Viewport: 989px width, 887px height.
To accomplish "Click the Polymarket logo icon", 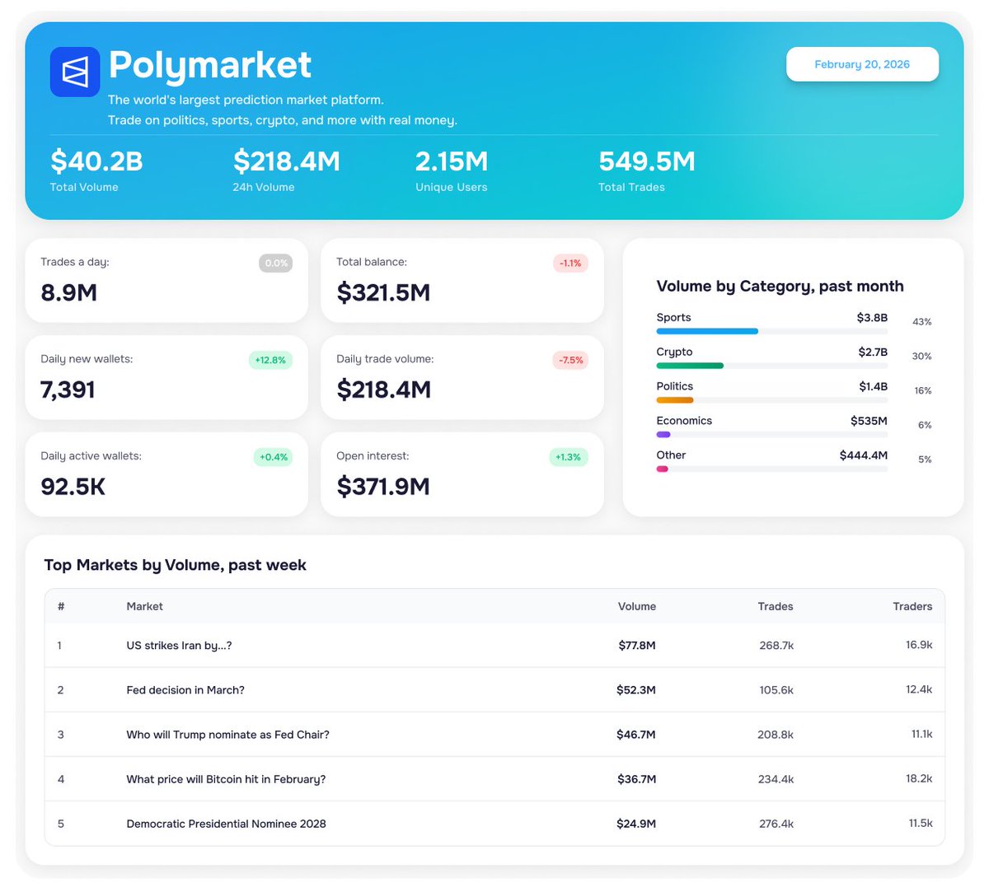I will pos(75,72).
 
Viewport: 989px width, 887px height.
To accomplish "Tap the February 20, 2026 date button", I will pos(862,64).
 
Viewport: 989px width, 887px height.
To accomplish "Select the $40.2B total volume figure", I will pos(96,161).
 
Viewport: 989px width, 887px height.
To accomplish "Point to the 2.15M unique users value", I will pos(452,161).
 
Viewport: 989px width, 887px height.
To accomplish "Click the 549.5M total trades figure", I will pos(647,161).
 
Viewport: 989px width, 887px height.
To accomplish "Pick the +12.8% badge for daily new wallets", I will pos(270,360).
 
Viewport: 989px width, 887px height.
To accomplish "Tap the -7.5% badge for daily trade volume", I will pos(570,360).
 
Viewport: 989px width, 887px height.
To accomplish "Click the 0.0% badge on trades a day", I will pos(276,264).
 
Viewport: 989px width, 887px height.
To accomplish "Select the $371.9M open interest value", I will pos(383,487).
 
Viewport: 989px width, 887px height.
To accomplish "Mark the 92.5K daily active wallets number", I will pos(73,487).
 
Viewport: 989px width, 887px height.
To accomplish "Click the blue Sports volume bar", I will pos(707,331).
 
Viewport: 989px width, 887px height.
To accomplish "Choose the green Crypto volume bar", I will pos(690,366).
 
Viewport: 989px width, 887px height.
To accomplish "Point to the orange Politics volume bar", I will pos(675,400).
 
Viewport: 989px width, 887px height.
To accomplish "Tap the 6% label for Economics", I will pos(925,425).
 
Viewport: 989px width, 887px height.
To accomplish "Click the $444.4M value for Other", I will pos(864,455).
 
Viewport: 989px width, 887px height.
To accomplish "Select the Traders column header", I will pos(912,606).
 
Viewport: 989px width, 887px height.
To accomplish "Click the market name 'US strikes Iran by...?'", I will pos(179,646).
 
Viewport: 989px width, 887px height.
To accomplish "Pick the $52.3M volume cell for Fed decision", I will pos(636,690).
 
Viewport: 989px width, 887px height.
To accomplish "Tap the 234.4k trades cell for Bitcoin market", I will pos(776,779).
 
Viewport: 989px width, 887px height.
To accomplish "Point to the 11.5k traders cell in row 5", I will pos(920,824).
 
